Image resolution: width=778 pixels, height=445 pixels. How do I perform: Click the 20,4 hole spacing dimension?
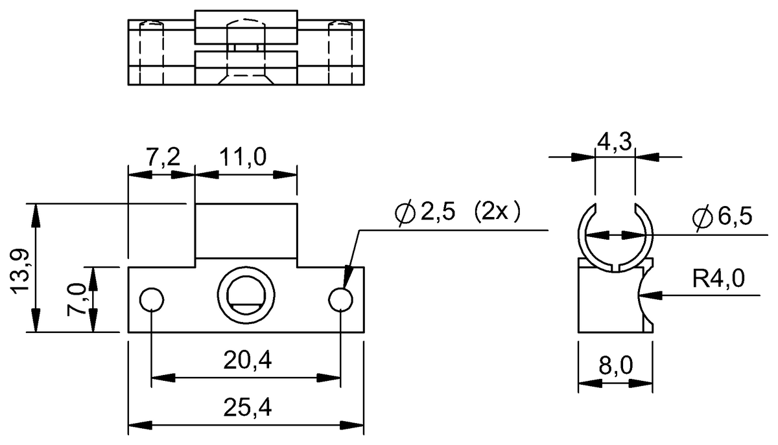coord(246,361)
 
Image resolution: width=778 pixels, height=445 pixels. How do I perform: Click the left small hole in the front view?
coord(152,300)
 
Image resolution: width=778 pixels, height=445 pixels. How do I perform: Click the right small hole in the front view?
coord(340,300)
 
